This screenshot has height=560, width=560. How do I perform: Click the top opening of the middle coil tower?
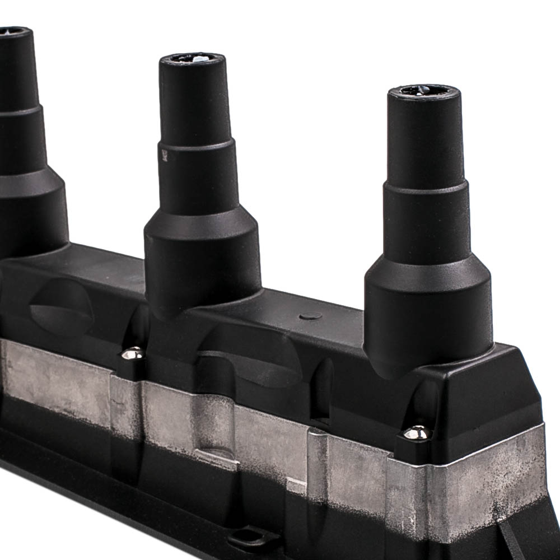click(x=192, y=58)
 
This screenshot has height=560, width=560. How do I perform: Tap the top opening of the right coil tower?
click(x=424, y=90)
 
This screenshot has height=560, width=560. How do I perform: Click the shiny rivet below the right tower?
click(x=417, y=432)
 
